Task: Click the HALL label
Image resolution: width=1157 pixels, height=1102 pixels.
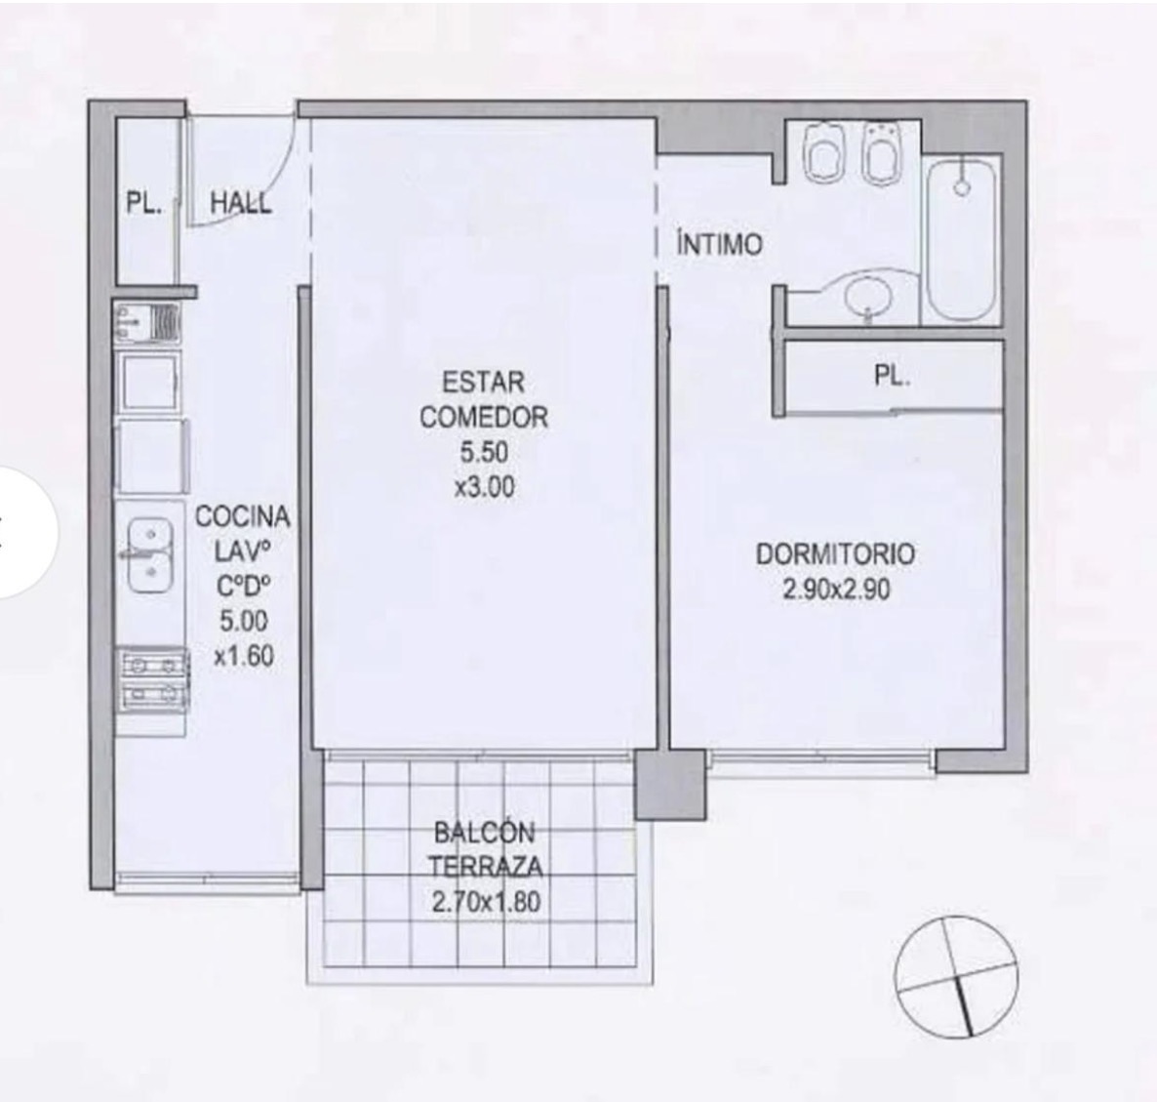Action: (241, 203)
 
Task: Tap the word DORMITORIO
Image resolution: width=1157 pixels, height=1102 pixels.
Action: (836, 554)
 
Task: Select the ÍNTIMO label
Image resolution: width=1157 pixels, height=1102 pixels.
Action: (719, 243)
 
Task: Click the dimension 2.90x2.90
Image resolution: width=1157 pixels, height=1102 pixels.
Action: (836, 590)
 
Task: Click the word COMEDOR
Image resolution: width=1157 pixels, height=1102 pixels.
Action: (484, 417)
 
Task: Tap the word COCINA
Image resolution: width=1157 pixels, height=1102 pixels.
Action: (243, 516)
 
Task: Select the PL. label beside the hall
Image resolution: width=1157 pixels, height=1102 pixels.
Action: (144, 203)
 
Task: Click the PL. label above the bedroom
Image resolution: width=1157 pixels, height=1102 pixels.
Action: (892, 377)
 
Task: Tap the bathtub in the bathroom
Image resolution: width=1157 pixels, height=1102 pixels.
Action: (962, 237)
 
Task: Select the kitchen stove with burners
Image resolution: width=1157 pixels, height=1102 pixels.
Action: (151, 680)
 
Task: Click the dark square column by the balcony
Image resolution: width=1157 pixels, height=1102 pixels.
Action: (669, 785)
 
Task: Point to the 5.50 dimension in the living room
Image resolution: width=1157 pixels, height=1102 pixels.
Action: (484, 452)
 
